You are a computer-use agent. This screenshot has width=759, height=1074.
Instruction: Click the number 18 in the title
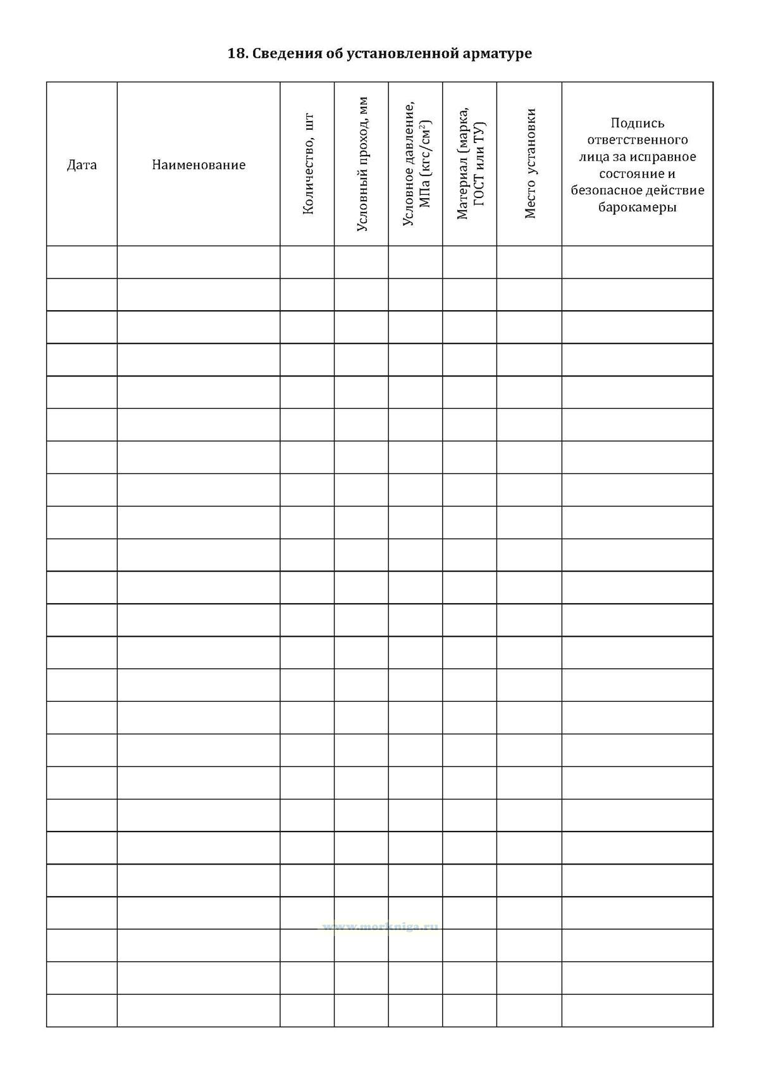pos(235,54)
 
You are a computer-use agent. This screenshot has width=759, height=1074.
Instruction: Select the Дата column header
pos(82,165)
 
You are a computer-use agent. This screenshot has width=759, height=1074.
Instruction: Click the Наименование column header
pos(199,165)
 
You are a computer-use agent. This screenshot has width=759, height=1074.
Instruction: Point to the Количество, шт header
pos(308,164)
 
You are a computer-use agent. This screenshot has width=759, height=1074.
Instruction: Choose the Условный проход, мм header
pos(362,164)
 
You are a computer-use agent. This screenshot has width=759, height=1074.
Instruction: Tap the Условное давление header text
pos(409,164)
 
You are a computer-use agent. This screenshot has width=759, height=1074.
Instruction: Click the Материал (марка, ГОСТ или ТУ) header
pos(470,164)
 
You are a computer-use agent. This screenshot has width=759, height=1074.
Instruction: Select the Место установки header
pos(530,164)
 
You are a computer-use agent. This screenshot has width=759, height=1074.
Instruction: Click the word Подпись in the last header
pos(637,123)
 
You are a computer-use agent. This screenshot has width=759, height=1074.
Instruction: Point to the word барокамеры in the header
pos(637,208)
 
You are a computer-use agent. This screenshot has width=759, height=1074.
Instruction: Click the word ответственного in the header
pos(637,140)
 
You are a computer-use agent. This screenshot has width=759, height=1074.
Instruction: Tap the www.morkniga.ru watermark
pos(380,927)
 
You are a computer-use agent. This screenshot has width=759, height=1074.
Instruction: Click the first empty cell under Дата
pos(82,262)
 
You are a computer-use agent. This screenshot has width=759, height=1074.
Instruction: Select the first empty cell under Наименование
pos(199,262)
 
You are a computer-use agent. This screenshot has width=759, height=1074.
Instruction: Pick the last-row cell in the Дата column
pos(82,1010)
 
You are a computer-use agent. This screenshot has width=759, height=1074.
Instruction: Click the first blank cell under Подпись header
pos(637,262)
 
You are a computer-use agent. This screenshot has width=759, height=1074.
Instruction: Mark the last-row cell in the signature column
pos(637,1010)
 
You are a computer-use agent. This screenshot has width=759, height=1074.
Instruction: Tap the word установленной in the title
pos(403,54)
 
